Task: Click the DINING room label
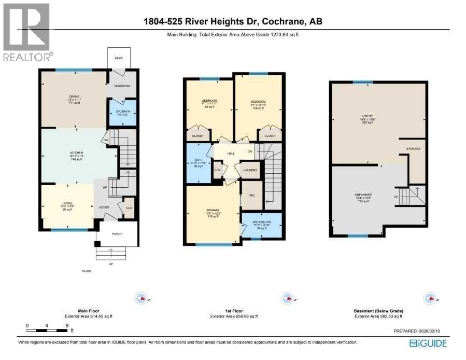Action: [x=74, y=96]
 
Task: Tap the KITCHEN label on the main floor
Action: [x=77, y=154]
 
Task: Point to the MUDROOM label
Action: [x=122, y=86]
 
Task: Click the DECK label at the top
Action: [x=118, y=58]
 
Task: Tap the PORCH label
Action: [x=117, y=234]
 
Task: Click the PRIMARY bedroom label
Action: [x=213, y=211]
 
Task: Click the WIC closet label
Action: [x=252, y=195]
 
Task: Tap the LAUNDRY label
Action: [x=250, y=170]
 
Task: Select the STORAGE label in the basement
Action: [x=413, y=149]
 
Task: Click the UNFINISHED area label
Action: [x=363, y=195]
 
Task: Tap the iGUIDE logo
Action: [x=428, y=343]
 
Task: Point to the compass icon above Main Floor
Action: [x=141, y=298]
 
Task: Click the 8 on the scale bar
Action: [x=67, y=326]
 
